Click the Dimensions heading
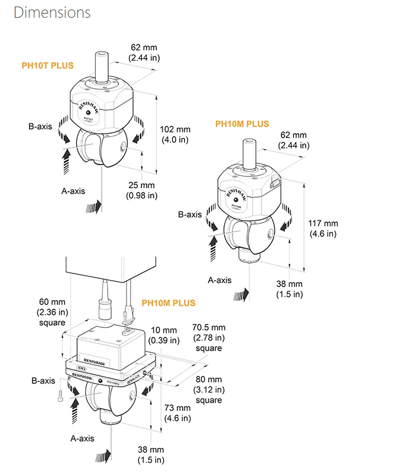point(52,12)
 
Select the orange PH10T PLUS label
point(48,65)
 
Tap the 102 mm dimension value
point(176,130)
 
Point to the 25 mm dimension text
point(141,185)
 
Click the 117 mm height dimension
point(323,223)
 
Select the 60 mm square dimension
point(48,302)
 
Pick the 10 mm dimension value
point(164,330)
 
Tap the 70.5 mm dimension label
point(209,327)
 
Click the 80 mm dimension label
point(209,379)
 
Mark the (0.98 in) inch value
point(141,195)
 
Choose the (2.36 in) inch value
point(48,312)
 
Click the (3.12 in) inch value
point(209,390)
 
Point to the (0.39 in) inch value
point(164,340)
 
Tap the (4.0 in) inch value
point(175,140)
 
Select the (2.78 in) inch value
point(209,337)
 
